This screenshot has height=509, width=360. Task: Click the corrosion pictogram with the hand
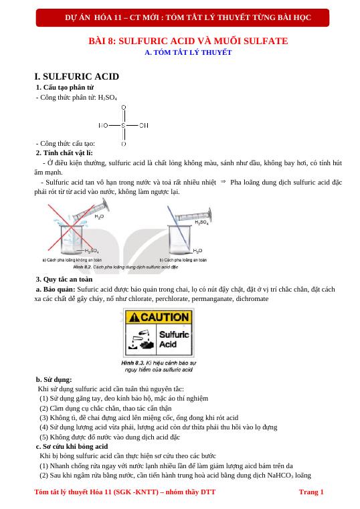141,339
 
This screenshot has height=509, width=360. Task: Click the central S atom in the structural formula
123,124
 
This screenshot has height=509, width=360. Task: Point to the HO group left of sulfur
103,124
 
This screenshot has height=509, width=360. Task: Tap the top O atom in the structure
123,106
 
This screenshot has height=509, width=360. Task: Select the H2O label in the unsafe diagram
99,216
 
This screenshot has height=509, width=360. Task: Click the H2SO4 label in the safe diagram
201,222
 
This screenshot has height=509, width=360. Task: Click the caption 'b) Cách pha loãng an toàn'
183,260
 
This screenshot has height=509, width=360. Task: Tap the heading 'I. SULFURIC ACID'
76,77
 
